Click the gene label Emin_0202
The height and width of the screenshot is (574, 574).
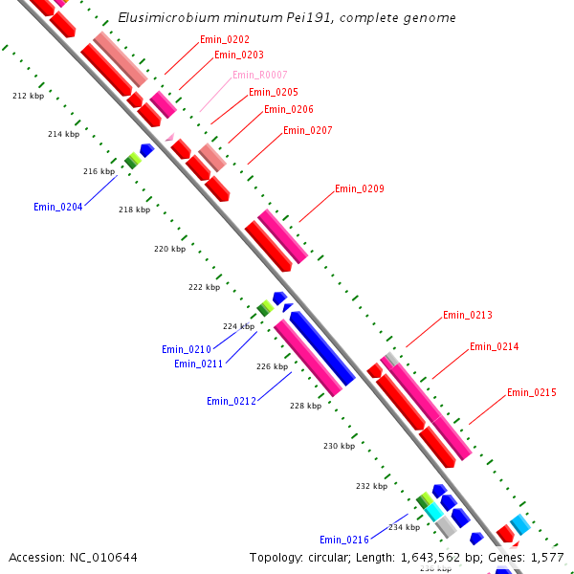pyautogui.click(x=225, y=39)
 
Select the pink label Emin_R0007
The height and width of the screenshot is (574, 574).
pyautogui.click(x=260, y=75)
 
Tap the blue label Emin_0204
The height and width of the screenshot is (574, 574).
pyautogui.click(x=58, y=207)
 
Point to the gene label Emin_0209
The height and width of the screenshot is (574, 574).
pyautogui.click(x=360, y=188)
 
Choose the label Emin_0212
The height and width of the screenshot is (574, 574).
pyautogui.click(x=232, y=401)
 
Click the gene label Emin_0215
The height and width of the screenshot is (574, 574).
pyautogui.click(x=532, y=392)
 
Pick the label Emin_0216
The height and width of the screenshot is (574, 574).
pyautogui.click(x=344, y=540)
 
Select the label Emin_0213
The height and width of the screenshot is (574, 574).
pyautogui.click(x=468, y=315)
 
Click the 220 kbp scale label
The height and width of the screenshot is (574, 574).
pyautogui.click(x=169, y=249)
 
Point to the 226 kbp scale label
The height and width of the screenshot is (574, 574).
pyautogui.click(x=272, y=366)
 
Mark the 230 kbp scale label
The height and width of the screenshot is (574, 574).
pyautogui.click(x=339, y=446)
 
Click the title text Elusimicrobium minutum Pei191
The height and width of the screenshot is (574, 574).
pyautogui.click(x=249, y=18)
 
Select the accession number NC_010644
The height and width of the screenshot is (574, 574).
pyautogui.click(x=103, y=557)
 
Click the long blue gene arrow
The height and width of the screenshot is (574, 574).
pyautogui.click(x=322, y=348)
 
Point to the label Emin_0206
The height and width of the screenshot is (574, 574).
pyautogui.click(x=289, y=109)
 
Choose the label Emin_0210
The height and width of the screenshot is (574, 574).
pyautogui.click(x=186, y=349)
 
